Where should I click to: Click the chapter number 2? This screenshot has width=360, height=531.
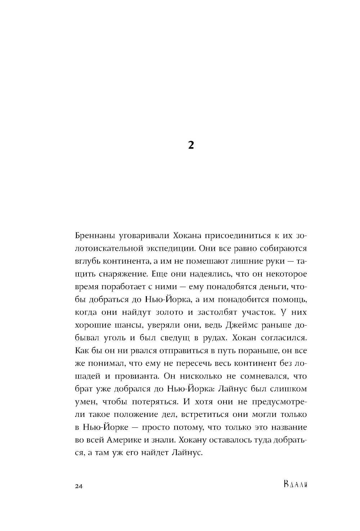(191, 145)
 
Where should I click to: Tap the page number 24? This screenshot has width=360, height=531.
(79, 486)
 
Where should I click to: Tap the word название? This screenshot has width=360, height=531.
(287, 427)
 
